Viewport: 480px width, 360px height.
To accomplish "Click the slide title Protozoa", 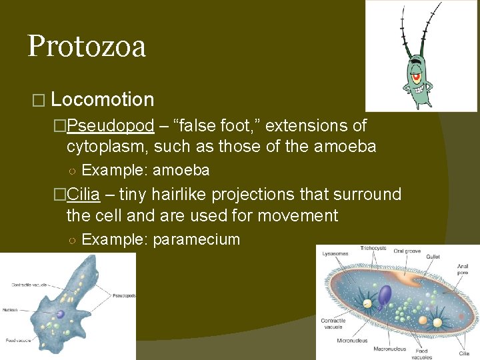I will (87, 47).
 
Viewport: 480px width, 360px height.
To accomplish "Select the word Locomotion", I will (102, 100).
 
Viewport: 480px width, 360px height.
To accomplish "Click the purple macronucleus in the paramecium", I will (385, 295).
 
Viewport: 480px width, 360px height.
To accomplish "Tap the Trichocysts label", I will (373, 249).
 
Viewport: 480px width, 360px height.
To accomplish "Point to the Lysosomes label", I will (334, 254).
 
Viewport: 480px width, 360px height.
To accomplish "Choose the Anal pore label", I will (463, 270).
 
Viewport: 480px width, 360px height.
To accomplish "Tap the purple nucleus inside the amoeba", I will (60, 314).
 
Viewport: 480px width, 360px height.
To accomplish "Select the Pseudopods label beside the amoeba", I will (125, 294).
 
